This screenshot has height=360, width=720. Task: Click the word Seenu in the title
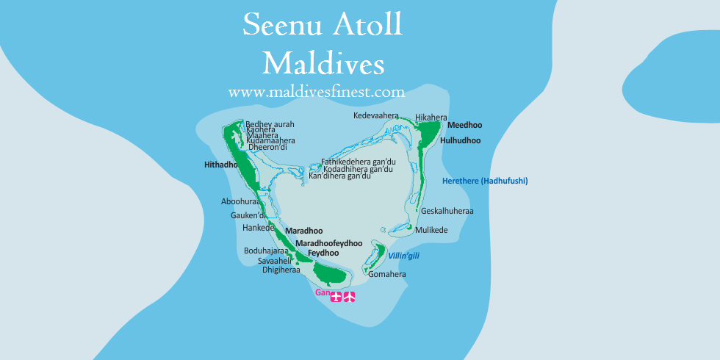[x=281, y=26]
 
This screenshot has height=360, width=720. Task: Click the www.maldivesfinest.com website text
[x=317, y=92]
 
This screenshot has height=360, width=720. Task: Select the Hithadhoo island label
[x=221, y=165]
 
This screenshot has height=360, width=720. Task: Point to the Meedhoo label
[x=464, y=126]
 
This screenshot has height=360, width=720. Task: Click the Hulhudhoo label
[x=460, y=140]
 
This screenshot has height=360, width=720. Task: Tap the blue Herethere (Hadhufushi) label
[x=485, y=181]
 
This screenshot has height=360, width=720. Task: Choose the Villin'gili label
[x=403, y=256]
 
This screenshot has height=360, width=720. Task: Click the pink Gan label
[x=321, y=292]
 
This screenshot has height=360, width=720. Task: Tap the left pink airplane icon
[x=336, y=298]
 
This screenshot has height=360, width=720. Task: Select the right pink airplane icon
[x=350, y=298]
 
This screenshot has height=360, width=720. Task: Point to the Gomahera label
[x=387, y=275]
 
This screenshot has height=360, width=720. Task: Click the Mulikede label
[x=431, y=230]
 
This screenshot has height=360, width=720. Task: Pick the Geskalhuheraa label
[x=447, y=211]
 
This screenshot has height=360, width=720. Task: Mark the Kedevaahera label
[x=375, y=116]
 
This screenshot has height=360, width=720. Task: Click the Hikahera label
[x=431, y=118]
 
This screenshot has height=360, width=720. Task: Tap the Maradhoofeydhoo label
[x=328, y=243]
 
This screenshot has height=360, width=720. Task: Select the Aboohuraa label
[x=240, y=201]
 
